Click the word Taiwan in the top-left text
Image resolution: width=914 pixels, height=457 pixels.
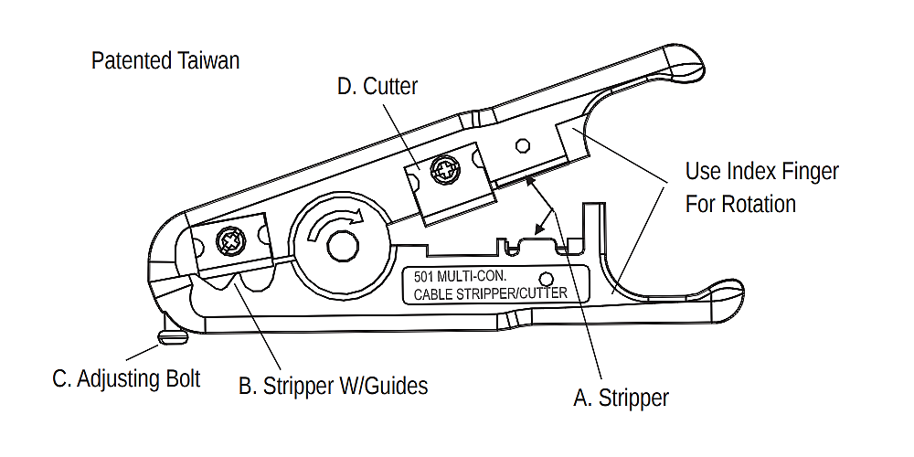click(207, 61)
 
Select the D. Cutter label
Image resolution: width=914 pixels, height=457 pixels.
click(377, 87)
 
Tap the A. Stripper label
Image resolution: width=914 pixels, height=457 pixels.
click(621, 399)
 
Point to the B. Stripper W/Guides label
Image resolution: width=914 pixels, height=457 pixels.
click(333, 387)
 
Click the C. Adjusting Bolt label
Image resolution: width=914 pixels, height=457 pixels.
click(126, 378)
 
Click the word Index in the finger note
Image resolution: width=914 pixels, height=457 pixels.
click(754, 171)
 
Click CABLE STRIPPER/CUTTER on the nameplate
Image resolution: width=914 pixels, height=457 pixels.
click(491, 293)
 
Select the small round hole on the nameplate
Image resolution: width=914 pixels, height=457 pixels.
click(546, 278)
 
